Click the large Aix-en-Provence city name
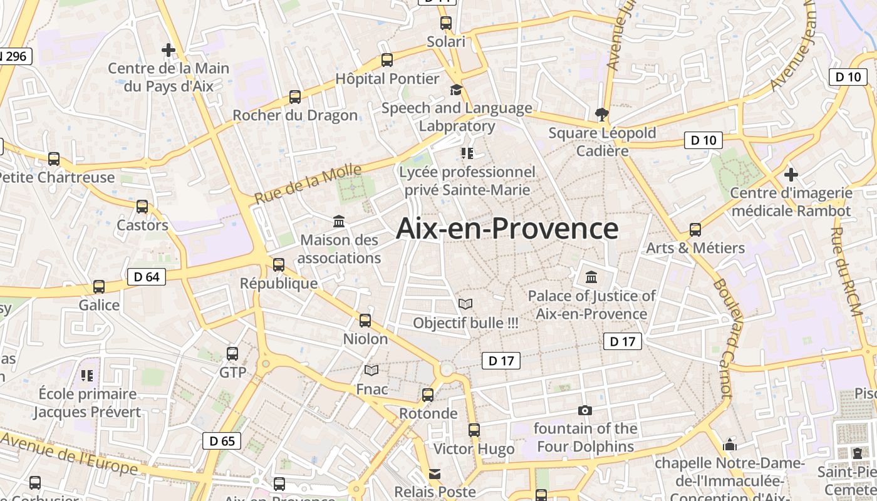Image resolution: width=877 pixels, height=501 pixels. coord(507,229)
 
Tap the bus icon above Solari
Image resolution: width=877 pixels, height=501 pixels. coord(446,23)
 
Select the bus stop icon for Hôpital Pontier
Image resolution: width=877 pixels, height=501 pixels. coord(387,60)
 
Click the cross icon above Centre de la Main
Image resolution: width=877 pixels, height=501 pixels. coord(168,49)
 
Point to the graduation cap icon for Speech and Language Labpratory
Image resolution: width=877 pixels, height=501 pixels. coord(456,90)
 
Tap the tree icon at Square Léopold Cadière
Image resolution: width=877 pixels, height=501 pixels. coord(602,115)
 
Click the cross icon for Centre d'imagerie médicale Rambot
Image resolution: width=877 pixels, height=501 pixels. coord(791,174)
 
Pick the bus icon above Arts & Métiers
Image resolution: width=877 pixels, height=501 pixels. coord(695,230)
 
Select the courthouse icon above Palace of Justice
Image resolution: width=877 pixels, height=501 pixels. coord(591,277)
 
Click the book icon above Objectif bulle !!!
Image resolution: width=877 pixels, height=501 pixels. coord(465,304)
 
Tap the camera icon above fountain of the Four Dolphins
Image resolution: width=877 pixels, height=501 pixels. coord(585,411)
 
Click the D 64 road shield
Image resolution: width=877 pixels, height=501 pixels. coord(147,277)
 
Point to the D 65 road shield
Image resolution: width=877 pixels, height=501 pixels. coord(222,441)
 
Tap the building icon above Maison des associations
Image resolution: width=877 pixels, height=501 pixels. coord(339,221)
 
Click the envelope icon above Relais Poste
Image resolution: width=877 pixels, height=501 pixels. coord(435,474)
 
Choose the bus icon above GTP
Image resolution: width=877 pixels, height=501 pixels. coord(232,354)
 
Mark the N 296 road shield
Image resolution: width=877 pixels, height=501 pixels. coord(14,56)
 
